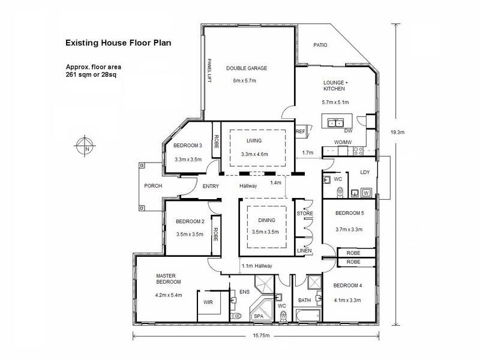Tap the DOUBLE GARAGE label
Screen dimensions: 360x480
pos(247,68)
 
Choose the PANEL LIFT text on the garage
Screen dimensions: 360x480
pos(209,74)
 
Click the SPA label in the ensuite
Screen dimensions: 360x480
pos(259,316)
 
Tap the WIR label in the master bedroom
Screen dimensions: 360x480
pos(209,302)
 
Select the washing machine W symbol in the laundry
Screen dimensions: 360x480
pos(366,193)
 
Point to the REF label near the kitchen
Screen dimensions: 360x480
pos(301,131)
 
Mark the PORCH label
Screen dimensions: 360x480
pos(153,186)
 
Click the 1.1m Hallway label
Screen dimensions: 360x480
pos(256,266)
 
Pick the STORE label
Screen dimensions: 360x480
pos(305,213)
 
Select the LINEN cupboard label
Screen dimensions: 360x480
pos(304,251)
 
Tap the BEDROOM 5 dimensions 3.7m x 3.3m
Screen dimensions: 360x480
pos(349,229)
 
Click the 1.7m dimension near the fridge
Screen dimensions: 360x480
pos(308,153)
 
